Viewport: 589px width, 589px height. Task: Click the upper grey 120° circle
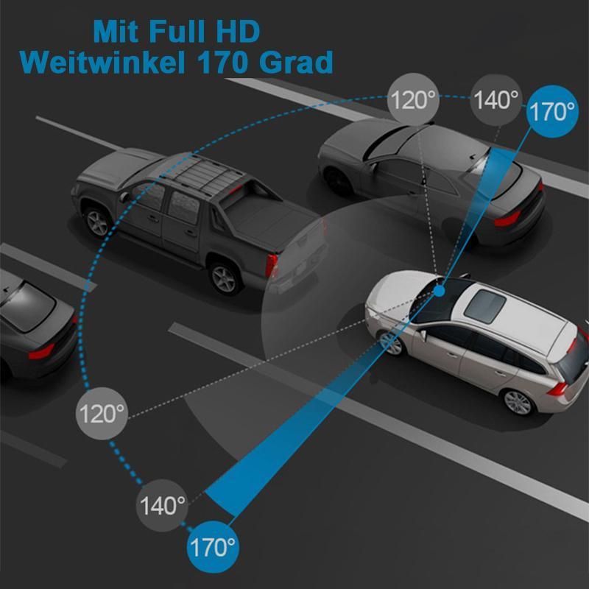413,99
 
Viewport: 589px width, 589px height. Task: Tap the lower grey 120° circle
102,414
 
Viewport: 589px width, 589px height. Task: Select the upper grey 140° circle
495,99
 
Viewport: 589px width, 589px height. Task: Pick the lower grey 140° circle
162,505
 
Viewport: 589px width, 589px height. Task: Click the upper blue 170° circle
551,111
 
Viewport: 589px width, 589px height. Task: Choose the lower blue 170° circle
213,547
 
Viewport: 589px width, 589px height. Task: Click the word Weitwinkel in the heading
102,62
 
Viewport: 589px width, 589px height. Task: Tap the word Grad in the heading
296,62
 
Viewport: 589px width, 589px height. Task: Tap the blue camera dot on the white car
439,290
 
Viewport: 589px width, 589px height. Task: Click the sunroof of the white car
484,306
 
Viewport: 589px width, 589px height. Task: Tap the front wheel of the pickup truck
97,222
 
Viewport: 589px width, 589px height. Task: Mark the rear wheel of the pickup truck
225,278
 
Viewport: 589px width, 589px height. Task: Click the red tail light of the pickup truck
271,265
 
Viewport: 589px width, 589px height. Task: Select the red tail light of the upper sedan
507,219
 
